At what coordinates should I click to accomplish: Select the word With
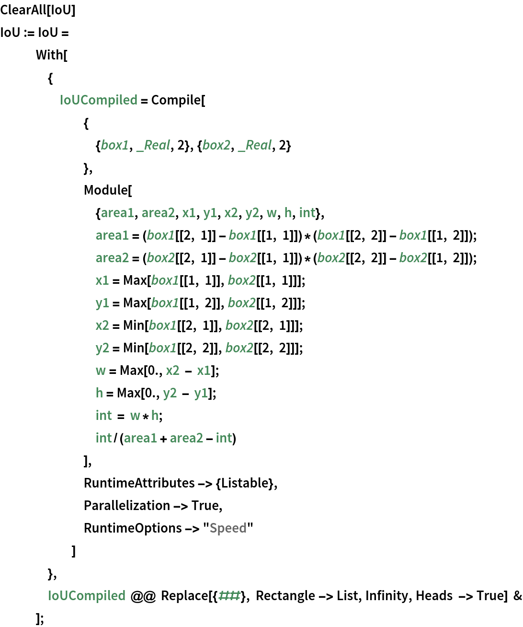coord(50,55)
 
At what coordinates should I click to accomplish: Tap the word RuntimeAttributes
coord(139,483)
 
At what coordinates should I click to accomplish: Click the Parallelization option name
coord(127,506)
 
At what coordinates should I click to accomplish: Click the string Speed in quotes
coord(228,528)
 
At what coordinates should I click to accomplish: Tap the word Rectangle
coord(285,596)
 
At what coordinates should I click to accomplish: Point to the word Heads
coord(434,596)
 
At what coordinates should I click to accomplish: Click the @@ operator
coord(143,596)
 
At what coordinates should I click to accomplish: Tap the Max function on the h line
coord(128,393)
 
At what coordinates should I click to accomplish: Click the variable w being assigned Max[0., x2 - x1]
coord(101,371)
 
